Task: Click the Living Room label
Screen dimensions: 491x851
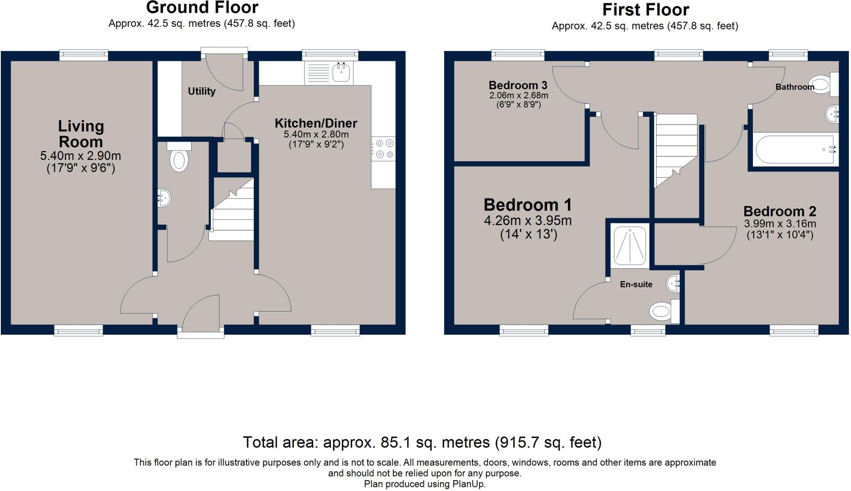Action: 81,134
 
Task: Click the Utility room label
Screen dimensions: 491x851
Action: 202,91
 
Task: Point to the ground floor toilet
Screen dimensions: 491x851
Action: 179,159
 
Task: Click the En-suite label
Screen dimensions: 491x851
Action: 636,285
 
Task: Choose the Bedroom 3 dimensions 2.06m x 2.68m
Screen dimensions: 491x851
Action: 519,96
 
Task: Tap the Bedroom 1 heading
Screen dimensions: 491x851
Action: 528,205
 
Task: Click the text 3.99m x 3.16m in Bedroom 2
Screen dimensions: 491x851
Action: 780,224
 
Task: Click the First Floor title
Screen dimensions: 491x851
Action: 645,10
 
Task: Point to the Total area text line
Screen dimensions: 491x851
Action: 422,442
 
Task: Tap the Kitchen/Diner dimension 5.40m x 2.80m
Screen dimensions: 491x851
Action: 316,135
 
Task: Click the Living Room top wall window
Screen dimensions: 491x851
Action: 84,55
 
